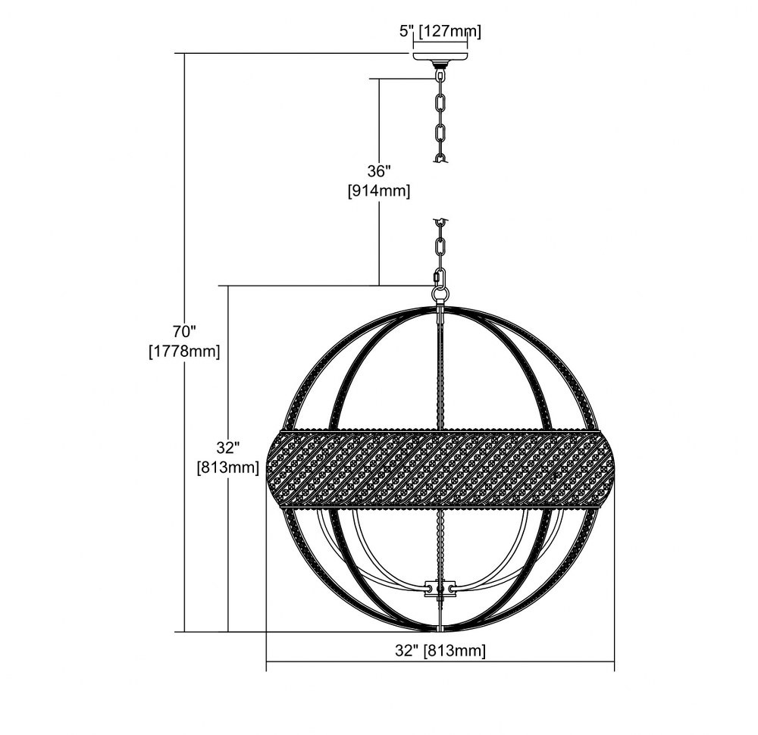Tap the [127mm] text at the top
[450, 32]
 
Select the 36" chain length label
[378, 171]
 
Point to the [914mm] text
[379, 192]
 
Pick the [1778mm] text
[184, 352]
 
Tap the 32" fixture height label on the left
[227, 448]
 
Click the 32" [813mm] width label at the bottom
[440, 650]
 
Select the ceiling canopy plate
[440, 58]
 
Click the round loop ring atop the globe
[440, 294]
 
